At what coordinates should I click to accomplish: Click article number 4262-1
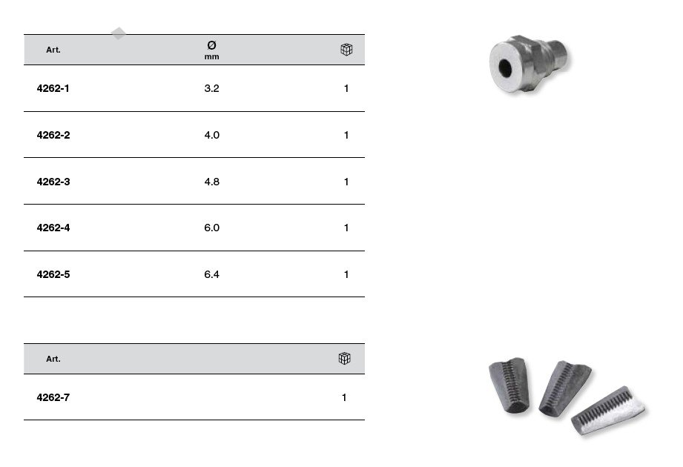[x=53, y=88]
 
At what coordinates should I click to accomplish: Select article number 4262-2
[x=53, y=135]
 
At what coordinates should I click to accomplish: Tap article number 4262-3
[x=53, y=182]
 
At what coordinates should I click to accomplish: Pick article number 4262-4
[x=53, y=228]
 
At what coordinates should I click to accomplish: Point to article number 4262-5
[x=53, y=274]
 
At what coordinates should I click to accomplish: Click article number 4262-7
[x=53, y=397]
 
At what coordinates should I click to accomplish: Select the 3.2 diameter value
[x=211, y=88]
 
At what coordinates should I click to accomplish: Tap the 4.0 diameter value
[x=211, y=135]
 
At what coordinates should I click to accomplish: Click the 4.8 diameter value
[x=211, y=182]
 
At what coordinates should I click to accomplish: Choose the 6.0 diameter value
[x=211, y=228]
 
